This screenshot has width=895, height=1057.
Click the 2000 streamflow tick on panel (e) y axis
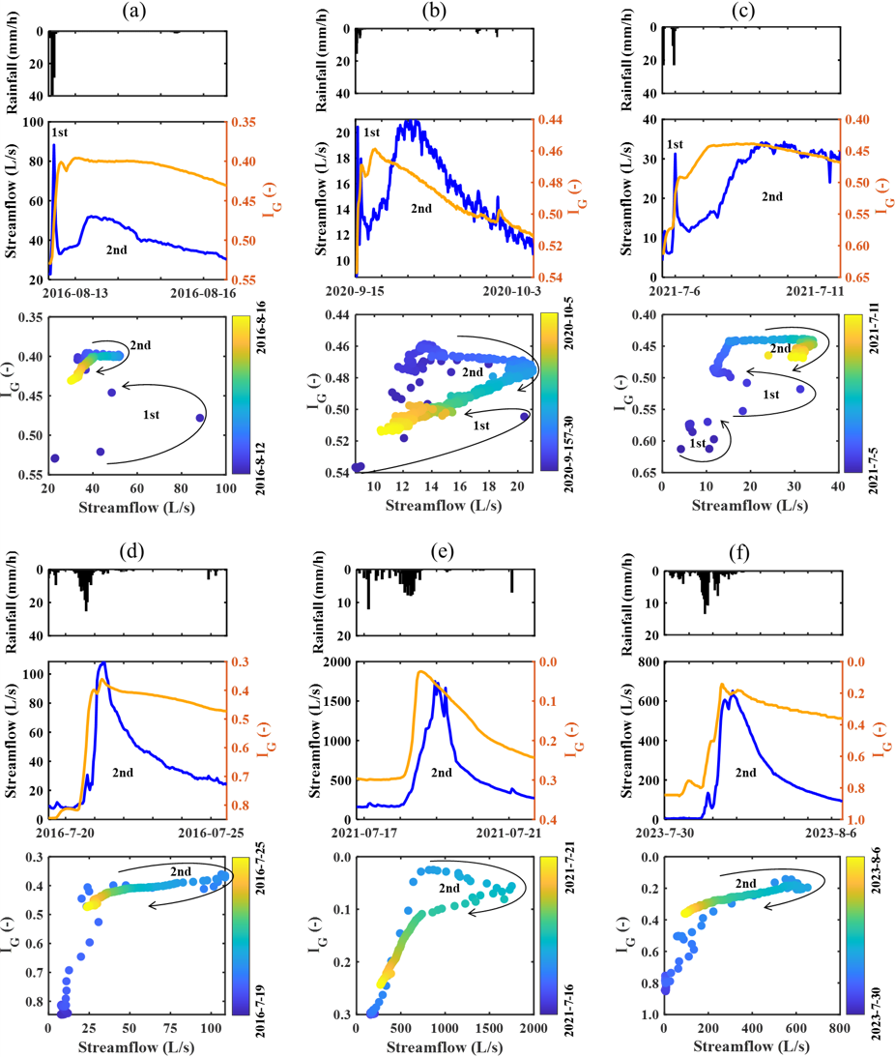(335, 662)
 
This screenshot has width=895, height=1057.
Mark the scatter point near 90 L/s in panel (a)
(200, 418)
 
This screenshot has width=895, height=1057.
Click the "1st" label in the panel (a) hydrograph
(60, 131)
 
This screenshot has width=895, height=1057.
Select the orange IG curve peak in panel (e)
(419, 671)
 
